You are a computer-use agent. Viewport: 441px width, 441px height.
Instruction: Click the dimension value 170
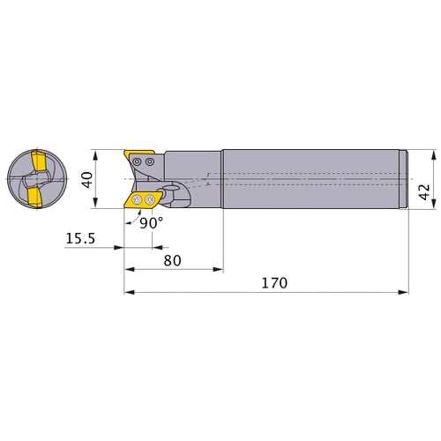click(x=274, y=283)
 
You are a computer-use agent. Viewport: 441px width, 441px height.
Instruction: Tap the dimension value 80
click(x=172, y=260)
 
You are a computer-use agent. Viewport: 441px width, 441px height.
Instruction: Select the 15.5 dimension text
click(x=80, y=238)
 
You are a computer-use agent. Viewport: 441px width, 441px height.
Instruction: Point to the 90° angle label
click(x=151, y=223)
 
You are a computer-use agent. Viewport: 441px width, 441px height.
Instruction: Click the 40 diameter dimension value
click(x=87, y=180)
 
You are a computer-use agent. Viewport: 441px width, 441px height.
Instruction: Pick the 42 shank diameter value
click(x=424, y=192)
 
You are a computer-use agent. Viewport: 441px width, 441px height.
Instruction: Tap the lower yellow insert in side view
click(x=143, y=200)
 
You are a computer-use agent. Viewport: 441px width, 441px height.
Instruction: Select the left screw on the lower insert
click(x=137, y=200)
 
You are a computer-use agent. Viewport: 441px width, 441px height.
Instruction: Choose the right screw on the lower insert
click(x=150, y=200)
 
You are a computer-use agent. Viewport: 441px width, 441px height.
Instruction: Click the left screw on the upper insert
click(x=136, y=161)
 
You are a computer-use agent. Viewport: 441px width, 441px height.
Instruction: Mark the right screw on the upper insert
click(x=150, y=161)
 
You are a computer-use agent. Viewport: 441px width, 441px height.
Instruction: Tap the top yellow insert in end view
click(x=39, y=161)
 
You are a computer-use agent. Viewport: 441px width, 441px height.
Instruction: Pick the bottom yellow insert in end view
click(x=35, y=198)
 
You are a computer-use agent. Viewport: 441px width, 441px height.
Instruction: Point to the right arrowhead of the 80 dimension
click(x=218, y=269)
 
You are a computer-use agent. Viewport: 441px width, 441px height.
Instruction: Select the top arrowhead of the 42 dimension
click(x=434, y=155)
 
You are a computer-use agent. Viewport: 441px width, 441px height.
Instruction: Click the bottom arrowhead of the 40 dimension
click(x=95, y=203)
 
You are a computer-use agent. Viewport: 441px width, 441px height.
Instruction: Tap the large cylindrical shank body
click(x=311, y=179)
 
